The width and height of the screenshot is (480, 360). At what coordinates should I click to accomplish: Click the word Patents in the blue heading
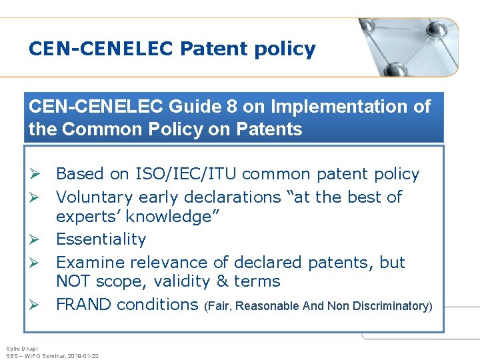tap(270, 129)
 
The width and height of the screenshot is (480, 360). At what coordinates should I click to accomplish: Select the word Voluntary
tap(95, 197)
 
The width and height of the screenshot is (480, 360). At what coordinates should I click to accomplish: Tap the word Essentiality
tap(101, 239)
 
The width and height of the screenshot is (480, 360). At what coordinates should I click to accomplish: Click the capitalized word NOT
tap(75, 281)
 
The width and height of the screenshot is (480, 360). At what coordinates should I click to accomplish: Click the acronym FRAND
tap(83, 305)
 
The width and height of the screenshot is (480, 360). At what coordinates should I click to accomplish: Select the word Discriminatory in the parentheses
tap(393, 306)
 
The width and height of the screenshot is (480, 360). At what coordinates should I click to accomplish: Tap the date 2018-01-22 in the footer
tap(82, 356)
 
